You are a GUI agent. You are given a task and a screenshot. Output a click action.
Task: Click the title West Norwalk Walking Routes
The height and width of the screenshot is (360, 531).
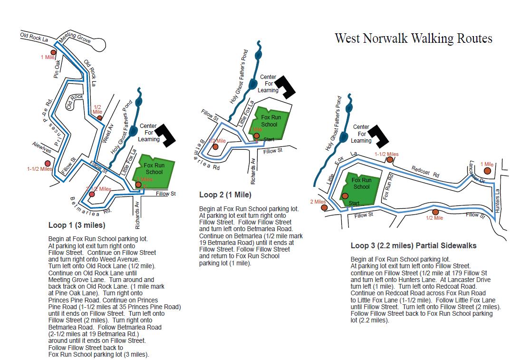[x=413, y=39]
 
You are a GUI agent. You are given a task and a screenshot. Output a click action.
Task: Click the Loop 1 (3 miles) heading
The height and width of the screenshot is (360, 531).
[x=77, y=225]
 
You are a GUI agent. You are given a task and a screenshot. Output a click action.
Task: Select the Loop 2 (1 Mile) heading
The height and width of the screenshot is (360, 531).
[x=225, y=195]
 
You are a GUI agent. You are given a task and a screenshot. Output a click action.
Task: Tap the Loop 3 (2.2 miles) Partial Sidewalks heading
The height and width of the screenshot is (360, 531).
[x=413, y=246]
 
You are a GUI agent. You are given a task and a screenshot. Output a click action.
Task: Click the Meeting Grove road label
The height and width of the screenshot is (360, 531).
[x=75, y=39]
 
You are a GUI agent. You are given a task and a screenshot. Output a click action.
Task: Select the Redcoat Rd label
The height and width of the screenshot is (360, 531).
[x=425, y=172]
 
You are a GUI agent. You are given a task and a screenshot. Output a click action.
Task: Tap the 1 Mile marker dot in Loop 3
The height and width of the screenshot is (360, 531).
[x=487, y=171]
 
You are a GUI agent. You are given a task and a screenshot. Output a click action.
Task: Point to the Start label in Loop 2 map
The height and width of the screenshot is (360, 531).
[x=269, y=139]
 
